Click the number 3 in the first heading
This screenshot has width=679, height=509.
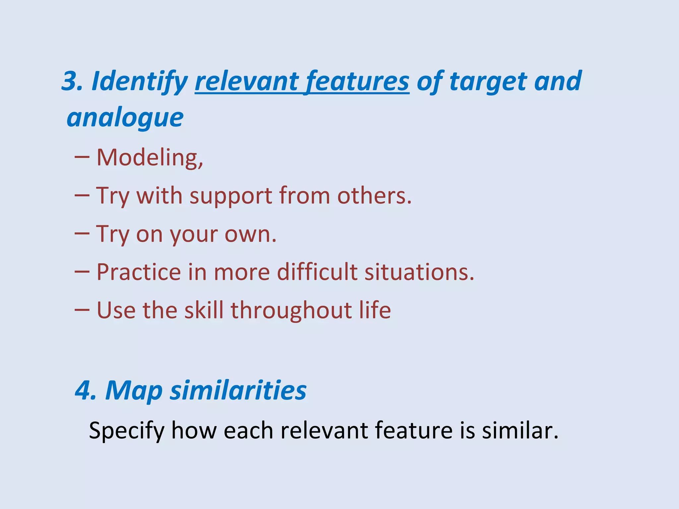(x=70, y=82)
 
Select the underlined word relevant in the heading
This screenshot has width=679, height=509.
(x=247, y=82)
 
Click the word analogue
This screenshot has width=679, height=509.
(x=125, y=118)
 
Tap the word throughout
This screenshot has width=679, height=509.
(x=291, y=311)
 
